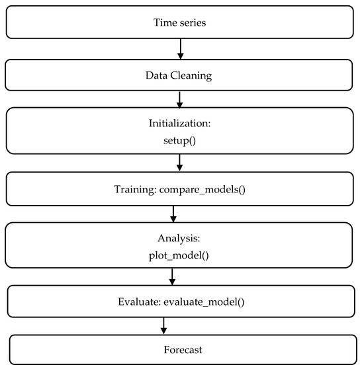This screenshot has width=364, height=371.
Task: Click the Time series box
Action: (x=179, y=22)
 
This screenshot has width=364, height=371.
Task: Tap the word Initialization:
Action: (x=179, y=123)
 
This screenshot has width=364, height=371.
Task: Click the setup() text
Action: (x=179, y=140)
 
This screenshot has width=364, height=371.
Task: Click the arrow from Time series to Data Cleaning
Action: (x=180, y=48)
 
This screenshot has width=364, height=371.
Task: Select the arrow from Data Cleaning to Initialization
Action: (x=180, y=99)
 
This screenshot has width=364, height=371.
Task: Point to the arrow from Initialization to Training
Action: (x=180, y=163)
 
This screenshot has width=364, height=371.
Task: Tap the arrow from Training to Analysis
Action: (x=173, y=214)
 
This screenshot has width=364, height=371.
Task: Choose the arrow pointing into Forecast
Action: (x=163, y=325)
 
